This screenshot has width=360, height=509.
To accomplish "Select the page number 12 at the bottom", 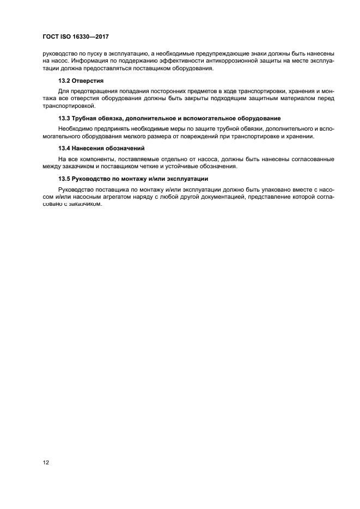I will point(46,463).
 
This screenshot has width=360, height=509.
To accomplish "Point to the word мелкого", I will point(139,136).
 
